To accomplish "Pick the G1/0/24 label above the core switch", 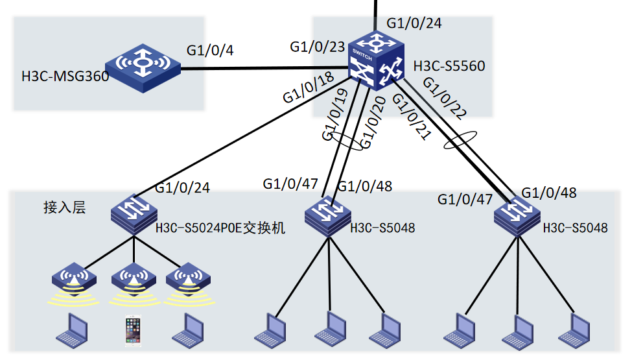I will pos(414,23).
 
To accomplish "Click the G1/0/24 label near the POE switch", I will pos(183,188).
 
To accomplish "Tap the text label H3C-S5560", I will pos(449,66).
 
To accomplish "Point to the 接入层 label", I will pos(64,208).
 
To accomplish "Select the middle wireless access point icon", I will pos(133,278).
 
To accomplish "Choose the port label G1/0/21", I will pos(412,117).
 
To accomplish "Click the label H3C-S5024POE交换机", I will pos(220,228).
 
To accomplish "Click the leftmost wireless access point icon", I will pos(75,278).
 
